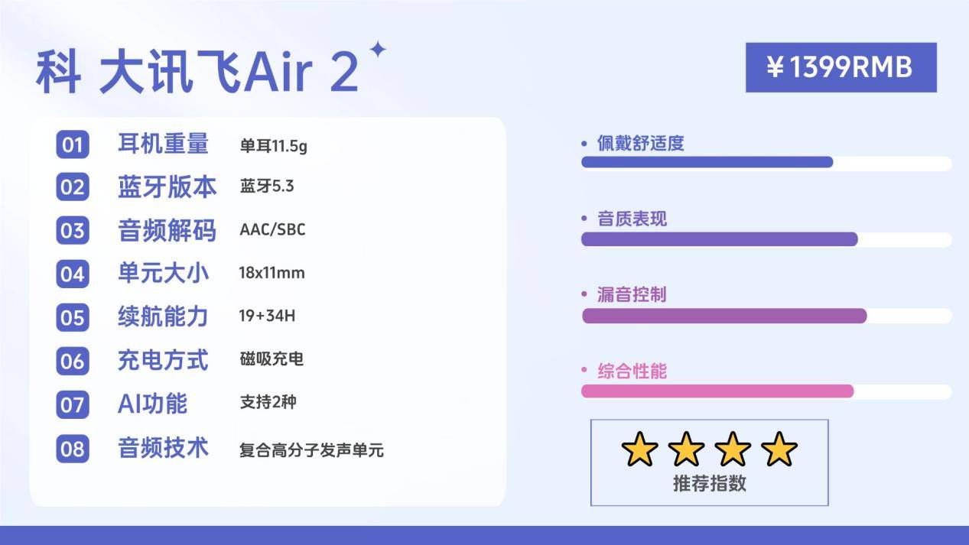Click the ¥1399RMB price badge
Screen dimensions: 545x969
841,67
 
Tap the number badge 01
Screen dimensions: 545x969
72,144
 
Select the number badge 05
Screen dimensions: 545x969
72,317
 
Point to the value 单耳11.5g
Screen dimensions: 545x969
273,145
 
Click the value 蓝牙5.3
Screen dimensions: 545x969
266,187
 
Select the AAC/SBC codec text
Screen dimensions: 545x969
272,230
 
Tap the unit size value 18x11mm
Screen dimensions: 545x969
272,273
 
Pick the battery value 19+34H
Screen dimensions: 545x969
267,316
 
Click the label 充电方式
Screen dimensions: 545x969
163,359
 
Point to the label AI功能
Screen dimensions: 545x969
152,403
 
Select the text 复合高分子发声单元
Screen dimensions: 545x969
311,450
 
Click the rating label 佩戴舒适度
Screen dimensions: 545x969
640,143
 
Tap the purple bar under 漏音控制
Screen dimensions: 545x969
723,316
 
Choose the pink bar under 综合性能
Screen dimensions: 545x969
717,391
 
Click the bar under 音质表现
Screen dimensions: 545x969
719,238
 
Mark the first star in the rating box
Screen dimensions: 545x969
639,449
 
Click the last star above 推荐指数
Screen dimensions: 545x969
779,449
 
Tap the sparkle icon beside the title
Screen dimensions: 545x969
377,50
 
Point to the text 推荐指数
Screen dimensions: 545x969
709,483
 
